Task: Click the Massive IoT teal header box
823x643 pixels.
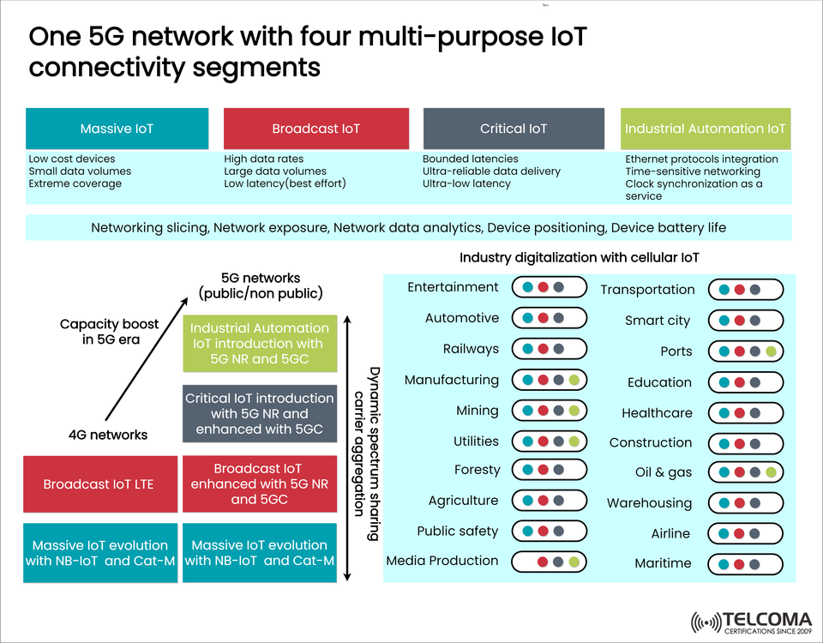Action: (x=117, y=129)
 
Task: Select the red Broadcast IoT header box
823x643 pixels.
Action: (x=315, y=129)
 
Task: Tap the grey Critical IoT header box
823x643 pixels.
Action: (x=514, y=129)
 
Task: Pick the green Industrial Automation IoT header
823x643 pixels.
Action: (x=705, y=129)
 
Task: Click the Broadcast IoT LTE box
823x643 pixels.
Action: (x=99, y=484)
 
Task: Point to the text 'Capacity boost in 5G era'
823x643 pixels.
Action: (x=109, y=331)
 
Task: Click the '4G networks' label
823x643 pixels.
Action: (x=108, y=435)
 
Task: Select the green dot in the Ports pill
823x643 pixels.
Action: (x=771, y=352)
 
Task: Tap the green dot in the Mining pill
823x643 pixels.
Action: (x=574, y=412)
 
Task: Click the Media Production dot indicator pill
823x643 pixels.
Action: (x=550, y=562)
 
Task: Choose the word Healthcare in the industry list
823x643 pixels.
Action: (x=657, y=413)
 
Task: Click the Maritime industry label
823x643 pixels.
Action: (x=663, y=563)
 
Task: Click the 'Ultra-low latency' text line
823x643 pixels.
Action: (x=466, y=183)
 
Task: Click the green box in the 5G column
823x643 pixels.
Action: (x=259, y=344)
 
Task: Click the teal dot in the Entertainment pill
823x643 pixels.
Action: (x=528, y=287)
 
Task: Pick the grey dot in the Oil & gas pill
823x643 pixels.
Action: (x=755, y=472)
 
